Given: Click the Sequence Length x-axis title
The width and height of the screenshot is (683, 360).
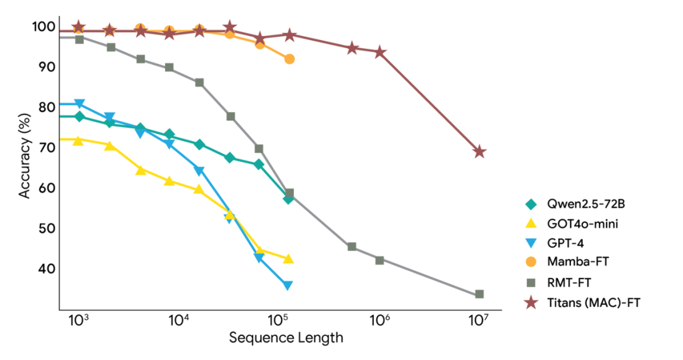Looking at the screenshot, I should click(x=286, y=337).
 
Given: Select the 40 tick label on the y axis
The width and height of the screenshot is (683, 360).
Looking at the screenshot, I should click(x=46, y=269).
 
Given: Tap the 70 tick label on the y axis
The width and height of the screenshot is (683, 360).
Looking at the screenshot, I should click(x=46, y=147).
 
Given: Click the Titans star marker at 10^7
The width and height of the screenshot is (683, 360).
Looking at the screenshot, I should click(x=479, y=152).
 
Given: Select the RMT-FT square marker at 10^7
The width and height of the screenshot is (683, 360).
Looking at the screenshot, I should click(x=479, y=294).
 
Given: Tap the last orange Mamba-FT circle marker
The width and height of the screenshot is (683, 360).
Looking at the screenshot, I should click(x=289, y=59).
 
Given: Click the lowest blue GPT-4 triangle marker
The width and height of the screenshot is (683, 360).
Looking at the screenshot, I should click(x=288, y=286).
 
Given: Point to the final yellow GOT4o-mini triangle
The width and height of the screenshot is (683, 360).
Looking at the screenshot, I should click(x=288, y=259).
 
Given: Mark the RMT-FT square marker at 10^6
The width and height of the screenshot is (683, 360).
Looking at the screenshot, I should click(x=379, y=260).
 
